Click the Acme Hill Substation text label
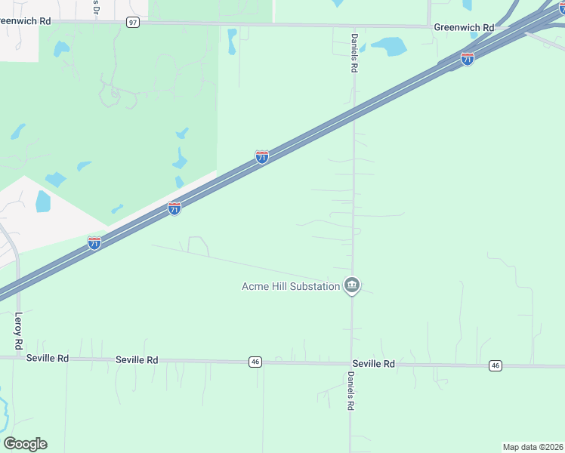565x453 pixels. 290,286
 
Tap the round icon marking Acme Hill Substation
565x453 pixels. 352,285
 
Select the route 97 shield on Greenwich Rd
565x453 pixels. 133,23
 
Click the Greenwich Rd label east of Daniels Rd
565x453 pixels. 464,27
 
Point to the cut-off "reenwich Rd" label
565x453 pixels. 26,21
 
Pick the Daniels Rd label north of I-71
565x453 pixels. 354,52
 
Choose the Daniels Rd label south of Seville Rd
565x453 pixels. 351,391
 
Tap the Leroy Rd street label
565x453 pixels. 18,331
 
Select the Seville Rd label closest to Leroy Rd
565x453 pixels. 47,358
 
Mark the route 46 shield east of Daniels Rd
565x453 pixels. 495,365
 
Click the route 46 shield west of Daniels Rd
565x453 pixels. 255,362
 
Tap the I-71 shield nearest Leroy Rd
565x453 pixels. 94,243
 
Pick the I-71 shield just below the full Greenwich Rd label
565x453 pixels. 468,59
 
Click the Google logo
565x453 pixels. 25,444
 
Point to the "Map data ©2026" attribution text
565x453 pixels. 533,447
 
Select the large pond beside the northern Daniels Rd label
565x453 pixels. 388,47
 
